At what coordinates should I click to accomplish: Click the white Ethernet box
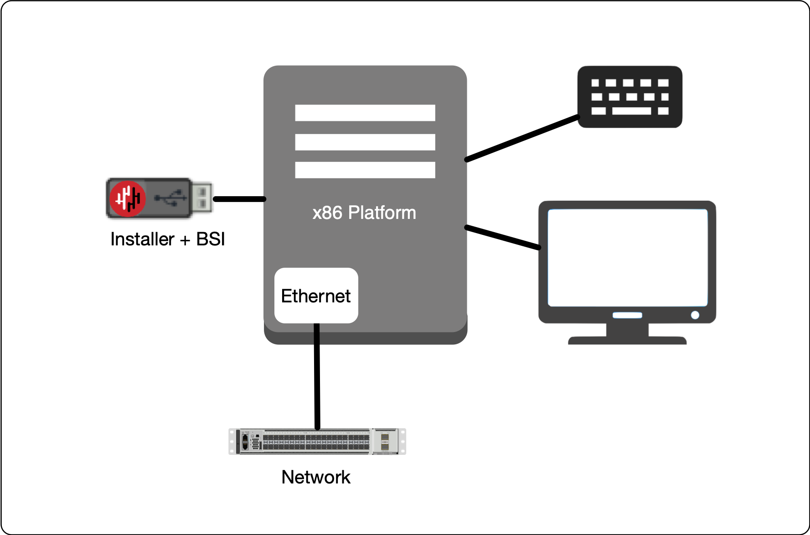pos(316,296)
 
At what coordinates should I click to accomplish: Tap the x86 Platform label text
pos(364,213)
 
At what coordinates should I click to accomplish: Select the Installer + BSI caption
pos(167,239)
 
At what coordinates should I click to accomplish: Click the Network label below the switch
pos(316,477)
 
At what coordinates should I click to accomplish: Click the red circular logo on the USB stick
pos(128,198)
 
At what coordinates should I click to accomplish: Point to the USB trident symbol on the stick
pos(170,198)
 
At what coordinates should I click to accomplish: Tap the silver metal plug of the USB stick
pos(201,198)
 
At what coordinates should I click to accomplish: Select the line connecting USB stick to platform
pos(239,199)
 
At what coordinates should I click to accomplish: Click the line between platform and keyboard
pos(522,138)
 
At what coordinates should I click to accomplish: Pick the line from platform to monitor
pos(503,237)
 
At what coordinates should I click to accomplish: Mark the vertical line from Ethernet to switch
pos(317,376)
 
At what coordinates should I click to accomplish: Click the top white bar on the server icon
pos(365,113)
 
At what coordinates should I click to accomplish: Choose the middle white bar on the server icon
pos(365,142)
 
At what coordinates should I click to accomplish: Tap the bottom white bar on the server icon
pos(365,170)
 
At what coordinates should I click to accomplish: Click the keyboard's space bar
pos(631,111)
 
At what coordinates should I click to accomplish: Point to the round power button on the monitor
pos(695,315)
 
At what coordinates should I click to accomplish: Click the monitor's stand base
pos(627,340)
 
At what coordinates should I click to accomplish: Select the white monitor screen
pos(627,258)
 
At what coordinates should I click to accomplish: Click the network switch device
pos(317,442)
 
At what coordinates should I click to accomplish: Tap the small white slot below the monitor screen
pos(627,315)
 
